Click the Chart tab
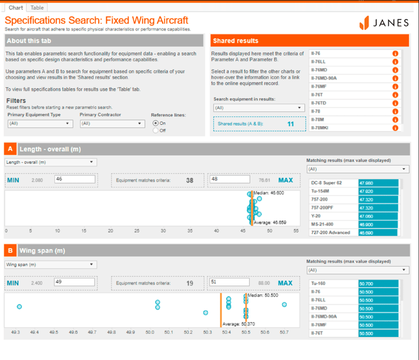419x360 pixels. click(x=16, y=7)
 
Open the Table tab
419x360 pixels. click(x=37, y=7)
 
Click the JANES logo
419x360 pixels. click(x=387, y=23)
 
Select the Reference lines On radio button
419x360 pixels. click(x=156, y=123)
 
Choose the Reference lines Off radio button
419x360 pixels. click(x=156, y=130)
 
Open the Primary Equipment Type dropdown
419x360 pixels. click(x=40, y=124)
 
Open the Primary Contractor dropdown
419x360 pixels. click(x=112, y=124)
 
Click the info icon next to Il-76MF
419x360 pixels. click(x=395, y=86)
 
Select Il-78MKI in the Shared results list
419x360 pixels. click(x=350, y=128)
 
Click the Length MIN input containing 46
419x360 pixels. click(x=74, y=180)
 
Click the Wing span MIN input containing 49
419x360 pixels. click(x=74, y=283)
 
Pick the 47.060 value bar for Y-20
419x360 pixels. click(x=378, y=216)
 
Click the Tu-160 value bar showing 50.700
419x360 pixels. click(x=378, y=284)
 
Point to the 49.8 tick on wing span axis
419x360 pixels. click(x=111, y=333)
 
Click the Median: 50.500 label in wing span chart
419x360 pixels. click(x=263, y=295)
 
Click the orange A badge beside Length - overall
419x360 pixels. click(x=10, y=149)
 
